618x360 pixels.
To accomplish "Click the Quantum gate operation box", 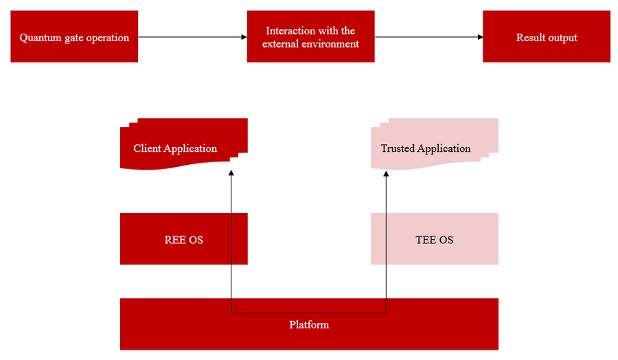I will [74, 36].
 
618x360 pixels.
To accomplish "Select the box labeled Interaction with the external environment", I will [310, 36].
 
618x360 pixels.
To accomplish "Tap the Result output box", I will [547, 36].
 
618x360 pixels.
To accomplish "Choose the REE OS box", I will [183, 238].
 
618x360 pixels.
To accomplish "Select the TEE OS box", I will [434, 238].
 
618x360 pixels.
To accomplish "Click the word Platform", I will [309, 324].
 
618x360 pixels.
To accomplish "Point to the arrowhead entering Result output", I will [479, 37].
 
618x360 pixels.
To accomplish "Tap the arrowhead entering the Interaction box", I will [243, 37].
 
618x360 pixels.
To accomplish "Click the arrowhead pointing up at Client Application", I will [231, 175].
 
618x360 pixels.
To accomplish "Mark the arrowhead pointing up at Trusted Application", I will [386, 175].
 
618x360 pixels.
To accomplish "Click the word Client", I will [148, 148].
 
